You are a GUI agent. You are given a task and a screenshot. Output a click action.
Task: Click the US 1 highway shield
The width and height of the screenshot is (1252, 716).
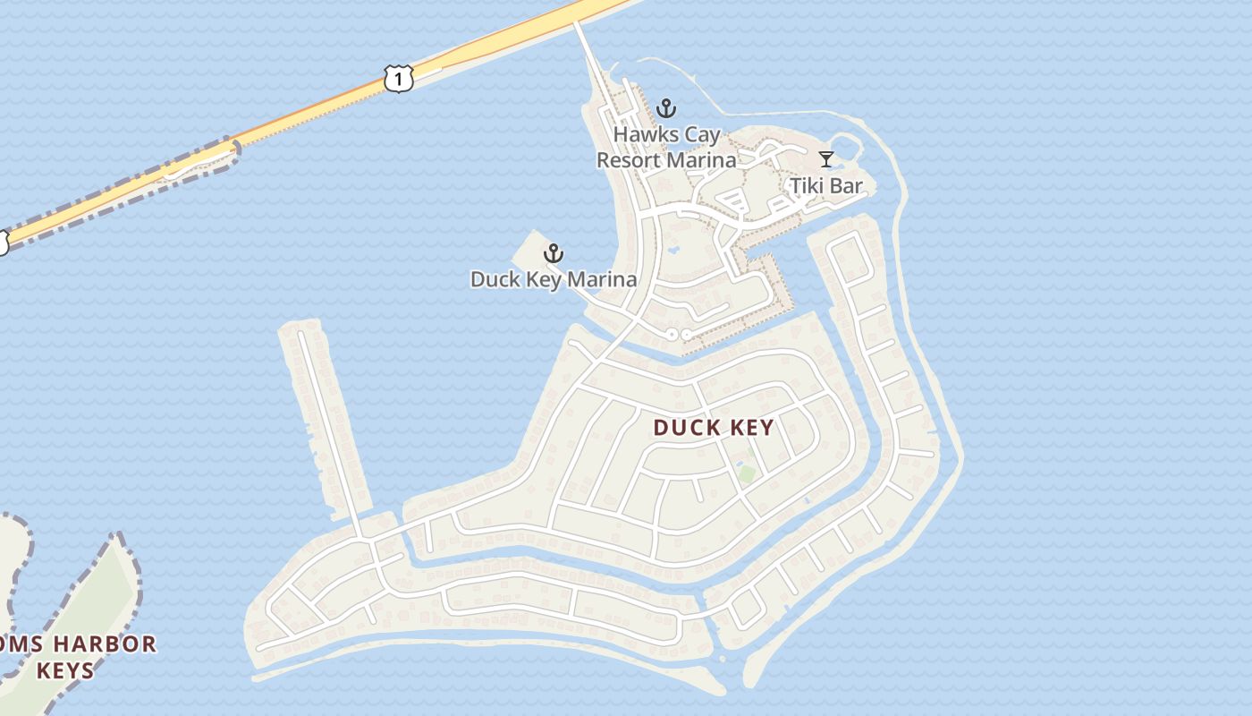point(399,79)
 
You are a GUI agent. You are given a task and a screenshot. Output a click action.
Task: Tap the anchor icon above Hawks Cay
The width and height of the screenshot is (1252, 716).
point(665,109)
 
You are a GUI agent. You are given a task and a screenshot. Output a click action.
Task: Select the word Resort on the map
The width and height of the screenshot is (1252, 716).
point(628,160)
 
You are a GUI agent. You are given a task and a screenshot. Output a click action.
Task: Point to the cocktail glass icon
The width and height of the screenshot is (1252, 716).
point(826,159)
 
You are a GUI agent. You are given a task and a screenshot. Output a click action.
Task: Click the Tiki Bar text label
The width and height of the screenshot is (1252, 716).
point(826,186)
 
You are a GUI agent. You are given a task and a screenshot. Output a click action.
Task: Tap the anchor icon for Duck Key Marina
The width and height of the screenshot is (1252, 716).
point(554,253)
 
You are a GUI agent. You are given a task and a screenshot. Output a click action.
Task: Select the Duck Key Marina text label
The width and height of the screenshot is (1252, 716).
point(554,279)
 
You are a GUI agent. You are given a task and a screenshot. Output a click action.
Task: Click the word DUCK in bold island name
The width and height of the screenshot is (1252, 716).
point(686,428)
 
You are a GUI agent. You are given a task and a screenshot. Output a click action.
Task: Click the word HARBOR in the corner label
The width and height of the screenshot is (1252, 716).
point(105,644)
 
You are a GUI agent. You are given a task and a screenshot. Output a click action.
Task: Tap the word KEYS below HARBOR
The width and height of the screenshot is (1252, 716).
point(64,669)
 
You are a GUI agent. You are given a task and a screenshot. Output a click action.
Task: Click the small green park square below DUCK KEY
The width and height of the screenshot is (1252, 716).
point(746,472)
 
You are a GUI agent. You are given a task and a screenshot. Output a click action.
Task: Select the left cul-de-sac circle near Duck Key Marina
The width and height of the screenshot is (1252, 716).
point(672,334)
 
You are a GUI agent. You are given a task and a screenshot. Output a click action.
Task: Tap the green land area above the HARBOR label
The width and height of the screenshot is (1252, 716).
point(98,591)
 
